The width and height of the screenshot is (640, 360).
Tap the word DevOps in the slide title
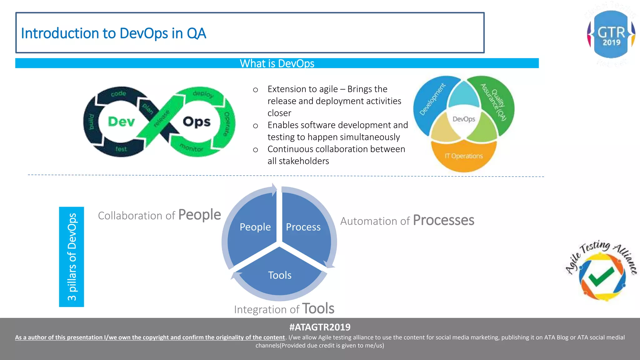(x=144, y=33)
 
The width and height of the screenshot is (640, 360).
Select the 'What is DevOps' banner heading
(x=277, y=63)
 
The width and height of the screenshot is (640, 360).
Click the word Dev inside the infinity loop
(x=121, y=122)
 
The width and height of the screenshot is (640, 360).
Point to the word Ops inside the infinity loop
(x=197, y=122)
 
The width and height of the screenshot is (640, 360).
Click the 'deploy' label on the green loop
(x=203, y=94)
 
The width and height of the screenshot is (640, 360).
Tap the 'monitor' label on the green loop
(x=192, y=148)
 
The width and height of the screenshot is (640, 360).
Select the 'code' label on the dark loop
(x=118, y=93)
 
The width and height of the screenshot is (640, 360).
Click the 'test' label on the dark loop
(x=121, y=149)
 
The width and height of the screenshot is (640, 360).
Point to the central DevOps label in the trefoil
(x=464, y=119)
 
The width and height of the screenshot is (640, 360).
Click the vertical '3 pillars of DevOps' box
(x=72, y=257)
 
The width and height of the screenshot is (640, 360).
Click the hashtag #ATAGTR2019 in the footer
(x=320, y=327)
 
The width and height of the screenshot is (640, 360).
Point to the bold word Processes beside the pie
(x=443, y=220)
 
